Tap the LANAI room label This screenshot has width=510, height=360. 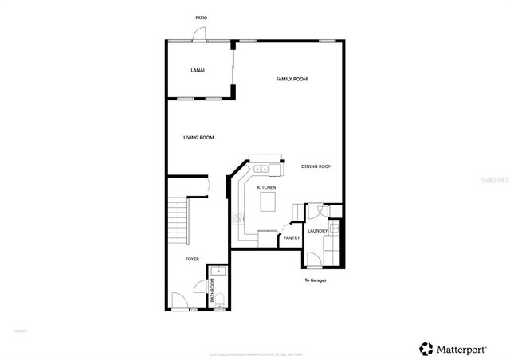coord(198,71)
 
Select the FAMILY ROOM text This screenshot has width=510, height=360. coord(292,80)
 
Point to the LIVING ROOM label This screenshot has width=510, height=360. coord(198,138)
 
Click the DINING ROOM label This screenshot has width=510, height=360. coord(316,166)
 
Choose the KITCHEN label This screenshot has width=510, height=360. coord(266,187)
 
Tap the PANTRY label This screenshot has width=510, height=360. coord(292,237)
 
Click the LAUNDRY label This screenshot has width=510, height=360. coord(317,232)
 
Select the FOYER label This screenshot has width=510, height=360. coord(192,259)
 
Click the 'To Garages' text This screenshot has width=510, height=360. coord(316,280)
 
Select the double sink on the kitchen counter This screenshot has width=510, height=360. coord(262,168)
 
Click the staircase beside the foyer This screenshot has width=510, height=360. coord(178,222)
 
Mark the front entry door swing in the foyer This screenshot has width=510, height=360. coord(180,302)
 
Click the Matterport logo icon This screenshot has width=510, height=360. coord(426,348)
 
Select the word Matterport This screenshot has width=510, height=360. coord(465,348)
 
